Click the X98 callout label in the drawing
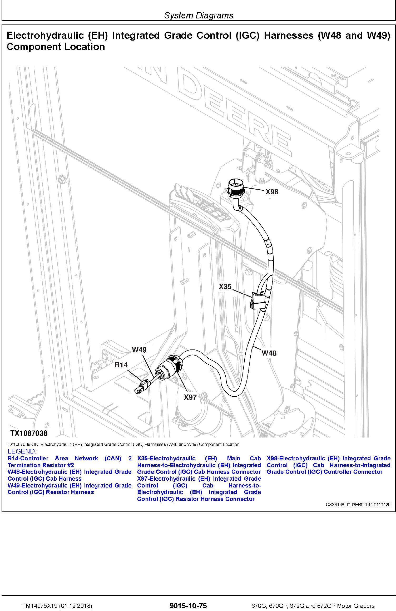(x=272, y=192)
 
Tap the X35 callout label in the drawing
(x=225, y=287)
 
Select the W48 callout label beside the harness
(x=269, y=353)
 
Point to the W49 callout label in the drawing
(x=139, y=350)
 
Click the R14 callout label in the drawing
(x=121, y=365)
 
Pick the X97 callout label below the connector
(x=190, y=397)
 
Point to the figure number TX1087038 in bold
(x=29, y=433)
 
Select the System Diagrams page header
(x=199, y=15)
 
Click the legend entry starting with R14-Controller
(x=70, y=462)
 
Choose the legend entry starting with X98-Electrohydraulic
(x=328, y=465)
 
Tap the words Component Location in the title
(x=56, y=47)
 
